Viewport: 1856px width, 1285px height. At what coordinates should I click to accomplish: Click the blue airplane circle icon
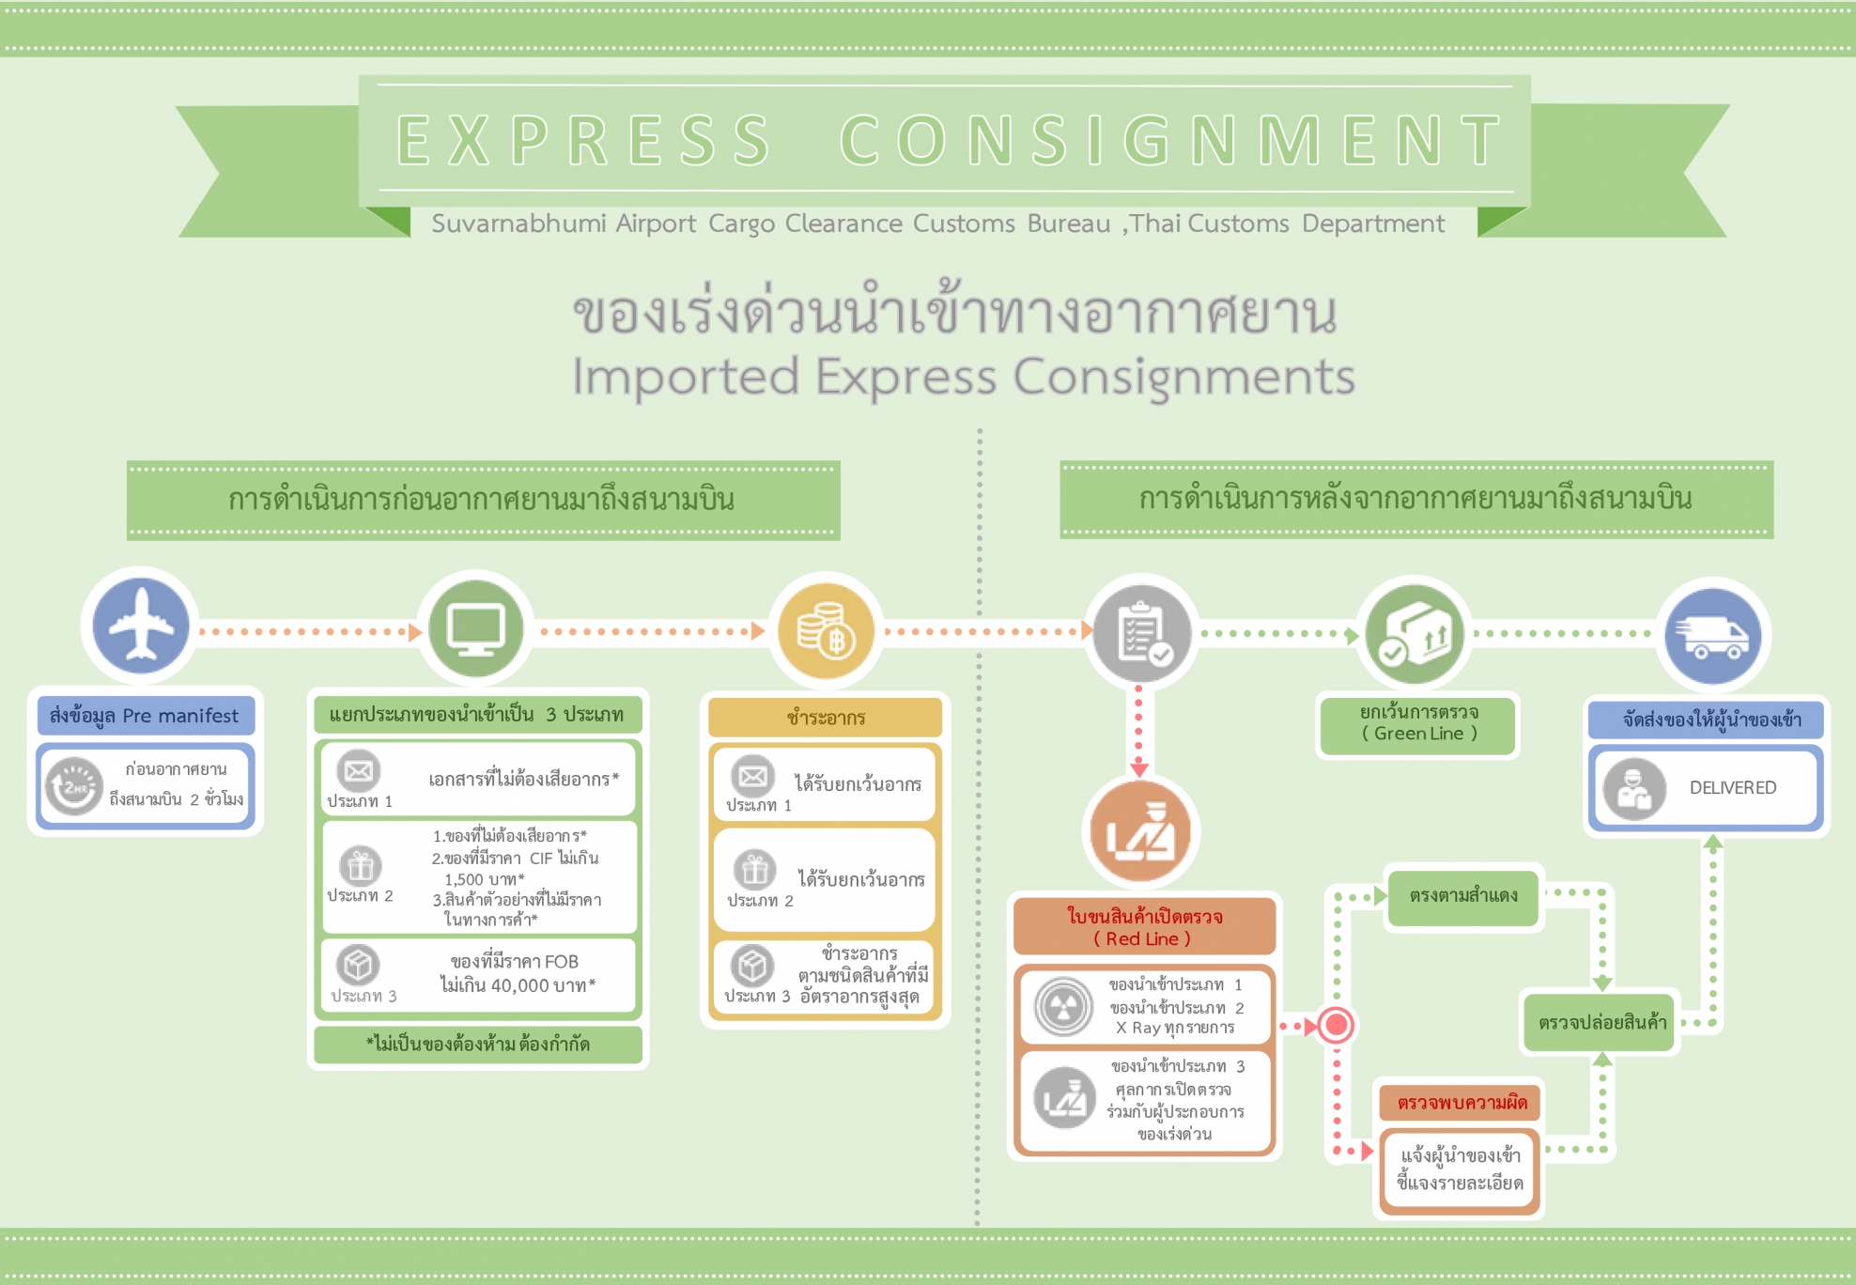click(x=141, y=626)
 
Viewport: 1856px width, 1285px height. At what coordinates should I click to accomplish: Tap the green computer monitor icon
click(x=476, y=629)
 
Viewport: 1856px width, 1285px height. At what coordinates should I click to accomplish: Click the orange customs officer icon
click(x=1140, y=832)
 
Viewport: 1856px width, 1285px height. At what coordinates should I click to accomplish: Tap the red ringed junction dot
click(x=1336, y=1025)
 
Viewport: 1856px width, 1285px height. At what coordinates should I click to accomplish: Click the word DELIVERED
click(x=1733, y=788)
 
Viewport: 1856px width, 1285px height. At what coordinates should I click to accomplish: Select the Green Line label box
click(x=1418, y=724)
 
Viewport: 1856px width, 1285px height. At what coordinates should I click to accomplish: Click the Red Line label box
click(x=1144, y=927)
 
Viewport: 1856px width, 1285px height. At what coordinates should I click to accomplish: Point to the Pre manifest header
click(x=146, y=716)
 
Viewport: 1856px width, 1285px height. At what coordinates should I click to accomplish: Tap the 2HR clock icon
click(x=74, y=786)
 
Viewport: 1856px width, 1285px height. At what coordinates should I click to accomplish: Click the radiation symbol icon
click(x=1063, y=1006)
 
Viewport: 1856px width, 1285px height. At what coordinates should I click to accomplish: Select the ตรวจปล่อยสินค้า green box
click(x=1601, y=1022)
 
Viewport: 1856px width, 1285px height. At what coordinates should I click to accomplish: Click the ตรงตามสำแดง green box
click(x=1463, y=896)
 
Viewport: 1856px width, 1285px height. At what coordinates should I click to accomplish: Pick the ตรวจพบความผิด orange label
click(x=1461, y=1103)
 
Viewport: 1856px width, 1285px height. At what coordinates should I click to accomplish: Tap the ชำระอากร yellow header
click(x=826, y=718)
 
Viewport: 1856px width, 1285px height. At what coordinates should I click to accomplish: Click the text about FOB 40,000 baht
click(x=516, y=974)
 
